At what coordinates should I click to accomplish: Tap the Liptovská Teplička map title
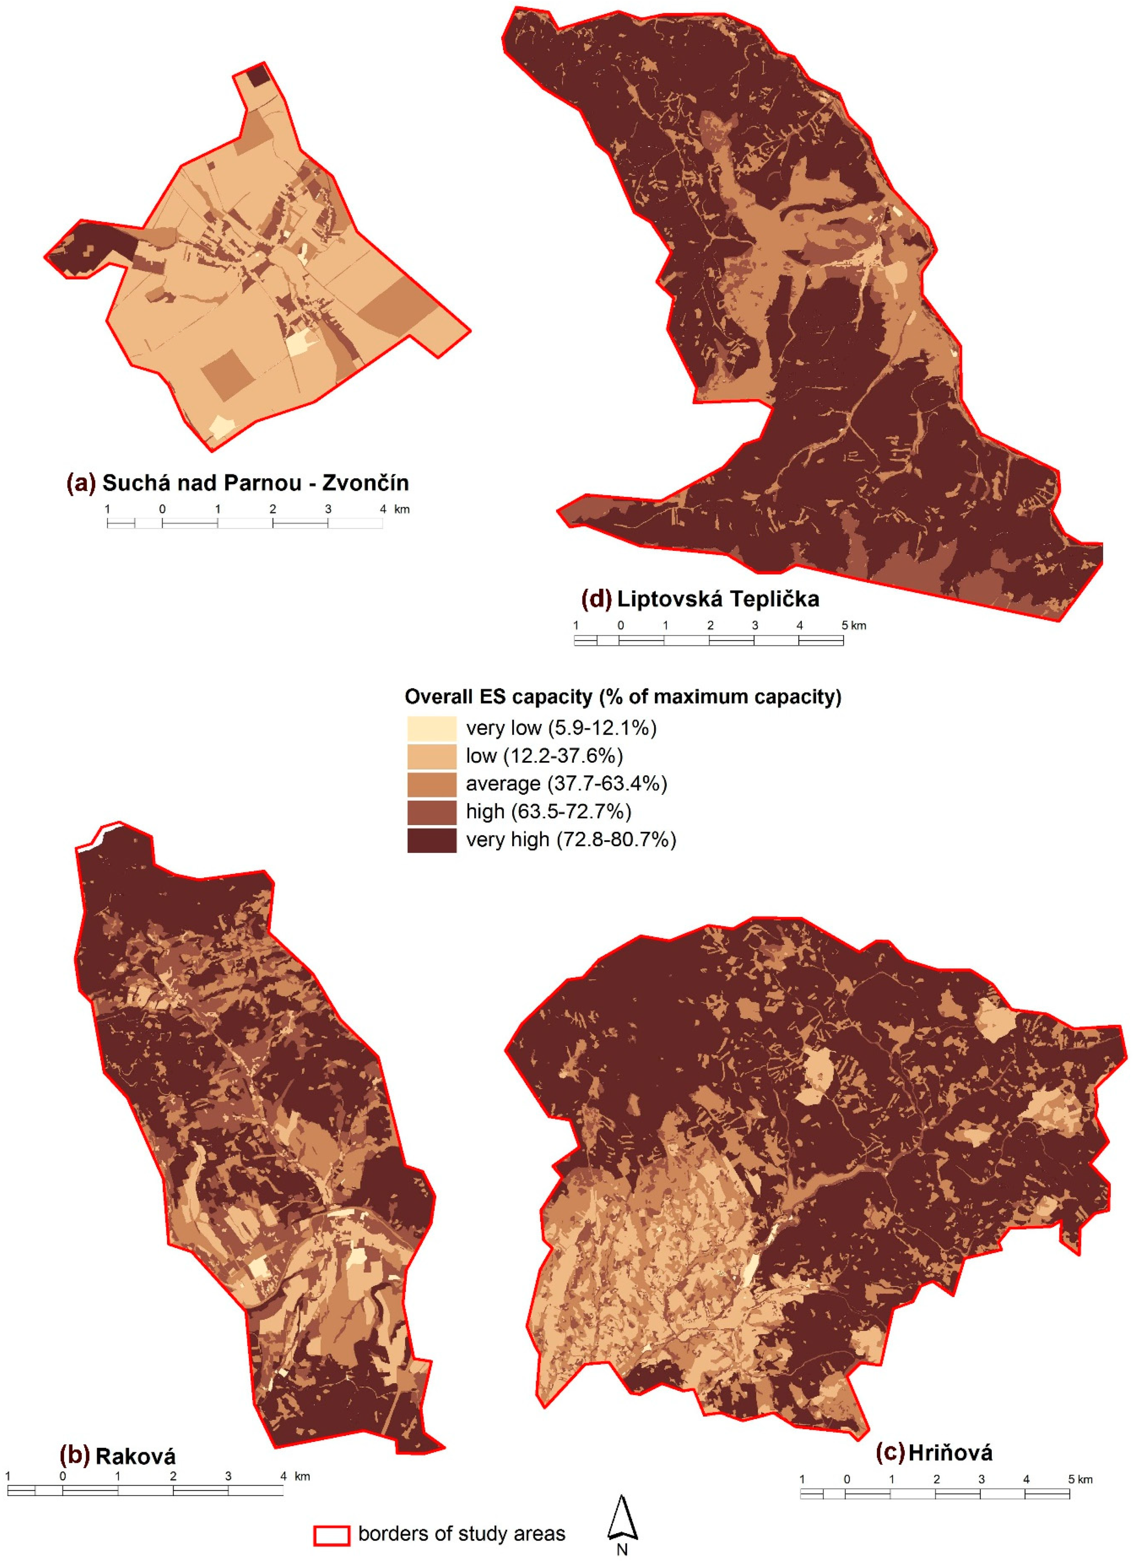pyautogui.click(x=718, y=599)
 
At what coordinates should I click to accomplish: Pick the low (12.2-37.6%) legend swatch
pyautogui.click(x=431, y=756)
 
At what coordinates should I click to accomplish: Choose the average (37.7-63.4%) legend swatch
pyautogui.click(x=431, y=784)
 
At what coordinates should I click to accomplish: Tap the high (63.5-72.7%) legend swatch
pyautogui.click(x=431, y=812)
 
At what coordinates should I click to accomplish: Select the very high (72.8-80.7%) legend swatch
pyautogui.click(x=431, y=840)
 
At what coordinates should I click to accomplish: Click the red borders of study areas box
pyautogui.click(x=332, y=1534)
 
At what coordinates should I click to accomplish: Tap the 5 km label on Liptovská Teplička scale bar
pyautogui.click(x=853, y=626)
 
